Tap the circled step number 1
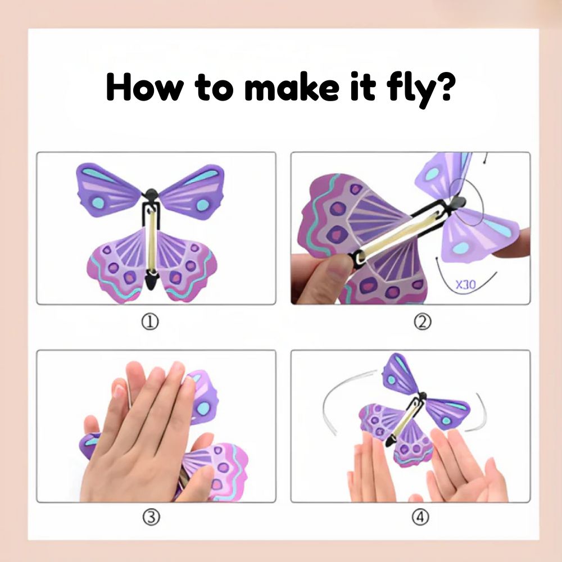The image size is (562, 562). click(149, 321)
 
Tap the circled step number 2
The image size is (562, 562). click(422, 321)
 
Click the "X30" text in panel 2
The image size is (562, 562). click(465, 284)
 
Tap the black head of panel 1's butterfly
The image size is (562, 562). click(151, 197)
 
